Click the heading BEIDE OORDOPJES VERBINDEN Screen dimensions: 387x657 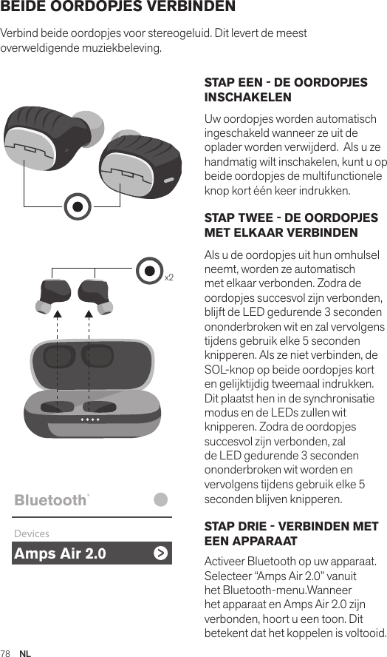118,7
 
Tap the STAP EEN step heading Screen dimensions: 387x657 285,90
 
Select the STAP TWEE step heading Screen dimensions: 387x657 291,225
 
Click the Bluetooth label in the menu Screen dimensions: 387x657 50,501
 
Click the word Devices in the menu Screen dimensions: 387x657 31,533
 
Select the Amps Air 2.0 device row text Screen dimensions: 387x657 60,553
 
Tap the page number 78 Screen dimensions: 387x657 6,653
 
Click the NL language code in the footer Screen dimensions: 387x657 25,653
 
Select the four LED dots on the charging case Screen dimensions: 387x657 91,419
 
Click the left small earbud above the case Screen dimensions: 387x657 54,294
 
